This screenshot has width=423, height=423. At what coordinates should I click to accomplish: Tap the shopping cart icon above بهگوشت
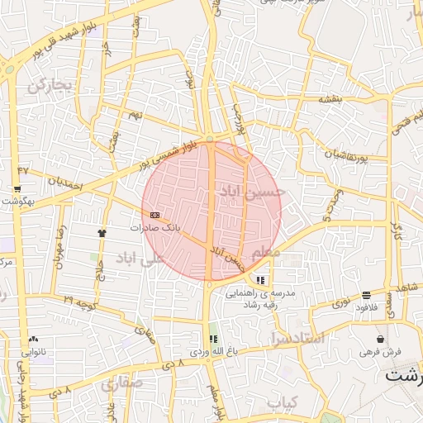[17, 188]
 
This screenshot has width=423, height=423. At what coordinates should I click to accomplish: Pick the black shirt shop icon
[102, 233]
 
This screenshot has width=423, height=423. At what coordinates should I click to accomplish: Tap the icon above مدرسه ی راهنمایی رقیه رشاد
[262, 280]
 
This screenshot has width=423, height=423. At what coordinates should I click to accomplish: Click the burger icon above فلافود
[365, 296]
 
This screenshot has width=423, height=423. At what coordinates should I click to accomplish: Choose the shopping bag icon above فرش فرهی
[379, 339]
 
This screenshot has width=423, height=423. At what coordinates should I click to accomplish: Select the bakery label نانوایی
[34, 351]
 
